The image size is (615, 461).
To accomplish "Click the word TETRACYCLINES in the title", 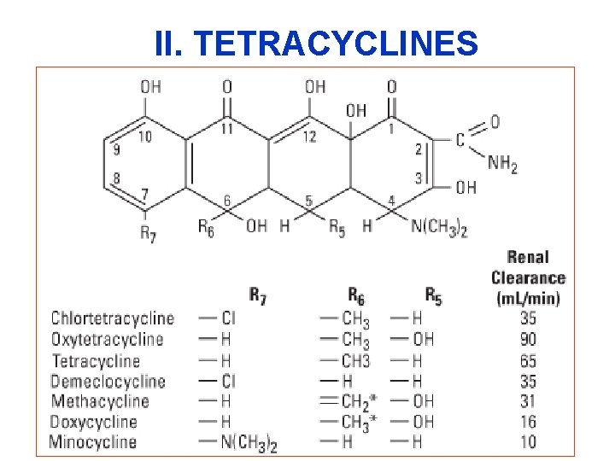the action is (343, 43).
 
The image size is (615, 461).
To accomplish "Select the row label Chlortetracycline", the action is (112, 318).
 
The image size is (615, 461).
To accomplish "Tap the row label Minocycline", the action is (93, 441).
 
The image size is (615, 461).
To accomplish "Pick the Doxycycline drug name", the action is (93, 421).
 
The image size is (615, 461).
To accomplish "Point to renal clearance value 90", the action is (528, 339).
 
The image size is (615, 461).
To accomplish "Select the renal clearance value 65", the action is (528, 359).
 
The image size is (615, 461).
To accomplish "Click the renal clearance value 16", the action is (528, 421).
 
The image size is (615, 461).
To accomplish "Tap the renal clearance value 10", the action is (528, 441).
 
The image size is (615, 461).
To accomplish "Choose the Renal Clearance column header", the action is (528, 277).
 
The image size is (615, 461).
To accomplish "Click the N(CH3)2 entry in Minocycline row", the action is (253, 441).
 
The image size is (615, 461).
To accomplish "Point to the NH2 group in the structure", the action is (502, 163).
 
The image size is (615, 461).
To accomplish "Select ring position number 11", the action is (226, 130).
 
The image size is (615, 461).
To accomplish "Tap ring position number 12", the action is (308, 137).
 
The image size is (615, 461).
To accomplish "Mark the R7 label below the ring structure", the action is (149, 232).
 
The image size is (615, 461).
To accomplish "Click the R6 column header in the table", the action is (356, 295).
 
